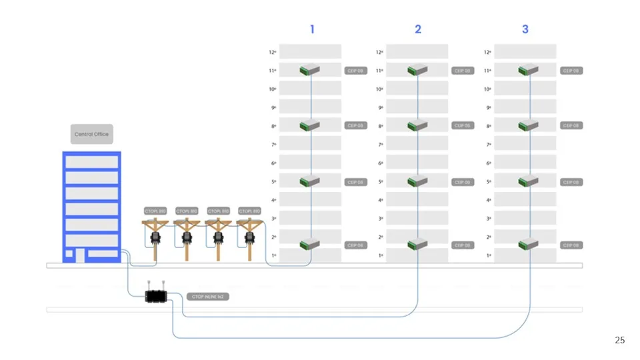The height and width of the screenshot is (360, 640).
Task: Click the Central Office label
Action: pos(92,134)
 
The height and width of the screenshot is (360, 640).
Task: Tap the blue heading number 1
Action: pos(311,29)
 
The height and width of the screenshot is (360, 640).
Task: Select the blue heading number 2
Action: pos(418,29)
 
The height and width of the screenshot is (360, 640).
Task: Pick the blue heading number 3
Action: pos(525,29)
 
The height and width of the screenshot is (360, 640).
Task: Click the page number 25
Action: pos(619,341)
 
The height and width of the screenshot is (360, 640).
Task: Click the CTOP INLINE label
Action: pos(208,297)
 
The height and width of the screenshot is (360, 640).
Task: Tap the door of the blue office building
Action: pos(79,255)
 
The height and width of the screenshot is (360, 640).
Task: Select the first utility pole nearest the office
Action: pos(155,235)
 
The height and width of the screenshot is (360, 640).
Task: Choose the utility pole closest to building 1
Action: pos(250,235)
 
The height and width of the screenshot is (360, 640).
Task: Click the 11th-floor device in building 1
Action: pos(310,69)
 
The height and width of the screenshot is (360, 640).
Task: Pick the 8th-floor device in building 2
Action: pos(417,125)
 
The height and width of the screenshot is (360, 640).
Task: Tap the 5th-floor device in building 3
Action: pos(528,181)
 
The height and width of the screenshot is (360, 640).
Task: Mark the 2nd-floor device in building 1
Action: pos(310,245)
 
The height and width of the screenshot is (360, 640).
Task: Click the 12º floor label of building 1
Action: pos(272,52)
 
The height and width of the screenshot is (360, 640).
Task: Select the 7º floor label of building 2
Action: pos(381,145)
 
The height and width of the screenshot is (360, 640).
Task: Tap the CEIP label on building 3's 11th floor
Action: pos(571,71)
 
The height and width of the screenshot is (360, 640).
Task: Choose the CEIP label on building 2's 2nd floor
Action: pos(462,245)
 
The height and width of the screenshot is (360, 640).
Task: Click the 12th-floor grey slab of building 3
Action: pos(525,51)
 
